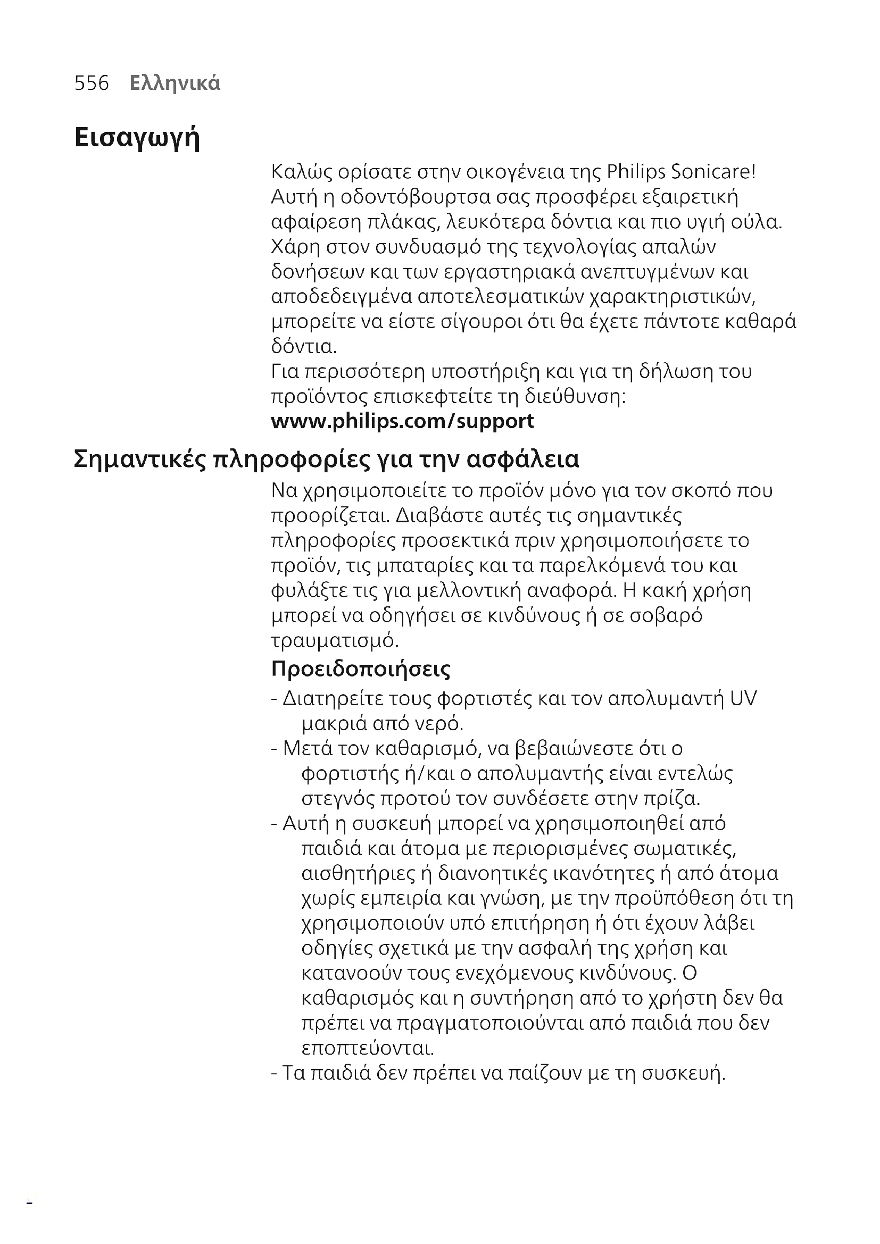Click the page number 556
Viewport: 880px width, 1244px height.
pyautogui.click(x=92, y=84)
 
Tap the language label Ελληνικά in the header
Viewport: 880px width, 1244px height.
pyautogui.click(x=175, y=84)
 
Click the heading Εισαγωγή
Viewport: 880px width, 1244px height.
pyautogui.click(x=137, y=138)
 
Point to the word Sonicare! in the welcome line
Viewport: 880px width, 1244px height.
pyautogui.click(x=713, y=172)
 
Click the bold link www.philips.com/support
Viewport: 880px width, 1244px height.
pyautogui.click(x=402, y=422)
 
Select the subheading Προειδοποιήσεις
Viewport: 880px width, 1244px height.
pyautogui.click(x=360, y=670)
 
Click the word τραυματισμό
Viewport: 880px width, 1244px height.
pyautogui.click(x=335, y=641)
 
